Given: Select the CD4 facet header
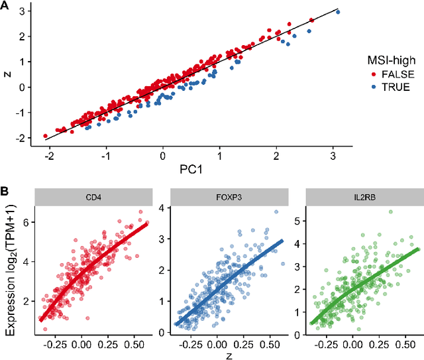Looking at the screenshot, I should coord(94,196).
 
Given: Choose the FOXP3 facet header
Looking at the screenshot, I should coord(229,196).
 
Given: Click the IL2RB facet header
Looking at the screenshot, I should coord(363,196).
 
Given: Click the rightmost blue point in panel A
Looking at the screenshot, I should coord(338,12).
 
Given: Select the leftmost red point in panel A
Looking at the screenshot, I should coord(45,135).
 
